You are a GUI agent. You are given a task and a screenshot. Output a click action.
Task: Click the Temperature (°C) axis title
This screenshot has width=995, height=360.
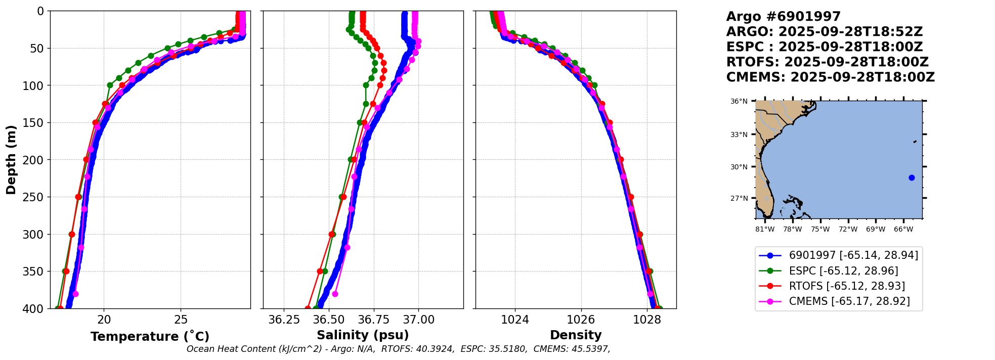(150, 337)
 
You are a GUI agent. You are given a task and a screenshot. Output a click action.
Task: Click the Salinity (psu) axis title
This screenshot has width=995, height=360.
(363, 335)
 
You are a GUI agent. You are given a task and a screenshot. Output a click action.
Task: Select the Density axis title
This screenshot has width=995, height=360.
(576, 335)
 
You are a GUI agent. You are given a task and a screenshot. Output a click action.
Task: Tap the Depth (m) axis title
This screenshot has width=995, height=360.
(11, 160)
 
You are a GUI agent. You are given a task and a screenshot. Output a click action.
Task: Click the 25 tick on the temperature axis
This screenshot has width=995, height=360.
(181, 320)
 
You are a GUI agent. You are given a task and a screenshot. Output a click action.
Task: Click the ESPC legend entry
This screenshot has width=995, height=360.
(843, 271)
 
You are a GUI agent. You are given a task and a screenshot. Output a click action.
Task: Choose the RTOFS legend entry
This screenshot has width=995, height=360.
(847, 286)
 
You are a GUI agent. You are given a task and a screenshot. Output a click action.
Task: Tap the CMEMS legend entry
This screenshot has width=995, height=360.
(849, 301)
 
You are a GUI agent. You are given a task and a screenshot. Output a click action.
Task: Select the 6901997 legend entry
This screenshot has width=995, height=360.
(853, 255)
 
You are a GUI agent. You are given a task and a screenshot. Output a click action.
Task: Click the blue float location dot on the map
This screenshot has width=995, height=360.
(912, 177)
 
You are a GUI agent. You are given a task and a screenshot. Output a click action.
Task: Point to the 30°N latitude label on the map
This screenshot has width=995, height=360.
(739, 167)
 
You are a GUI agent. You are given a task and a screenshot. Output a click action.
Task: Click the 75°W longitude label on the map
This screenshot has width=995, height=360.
(820, 229)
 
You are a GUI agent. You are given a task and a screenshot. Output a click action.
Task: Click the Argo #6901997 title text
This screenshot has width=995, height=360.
(783, 17)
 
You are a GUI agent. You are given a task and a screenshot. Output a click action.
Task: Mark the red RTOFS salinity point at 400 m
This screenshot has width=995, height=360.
(308, 308)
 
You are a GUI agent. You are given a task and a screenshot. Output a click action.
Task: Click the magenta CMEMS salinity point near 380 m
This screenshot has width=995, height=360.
(335, 294)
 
